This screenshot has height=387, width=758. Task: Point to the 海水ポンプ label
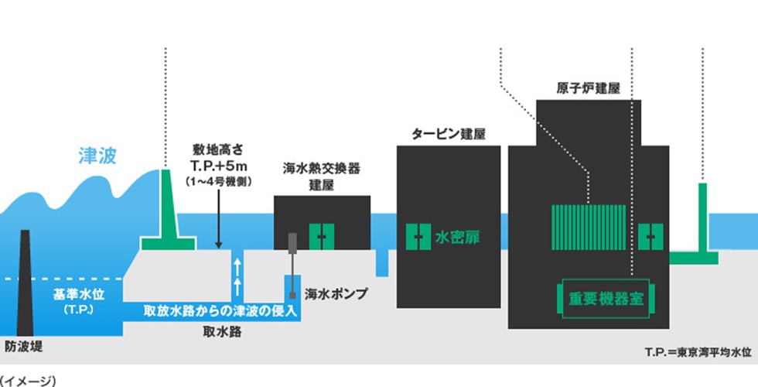coord(335,294)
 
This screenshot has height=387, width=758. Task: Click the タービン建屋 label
coord(449,134)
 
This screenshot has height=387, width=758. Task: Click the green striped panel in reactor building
coord(589,225)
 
